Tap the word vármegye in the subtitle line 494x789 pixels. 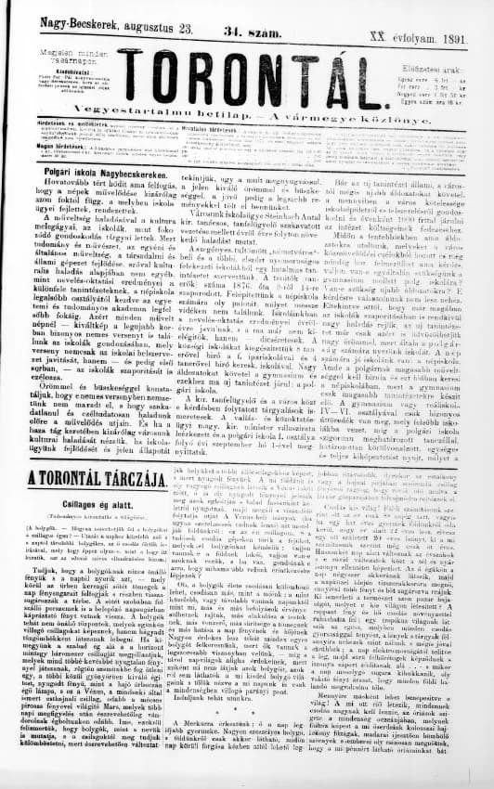[x=342, y=119]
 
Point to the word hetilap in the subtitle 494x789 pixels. [x=260, y=119]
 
